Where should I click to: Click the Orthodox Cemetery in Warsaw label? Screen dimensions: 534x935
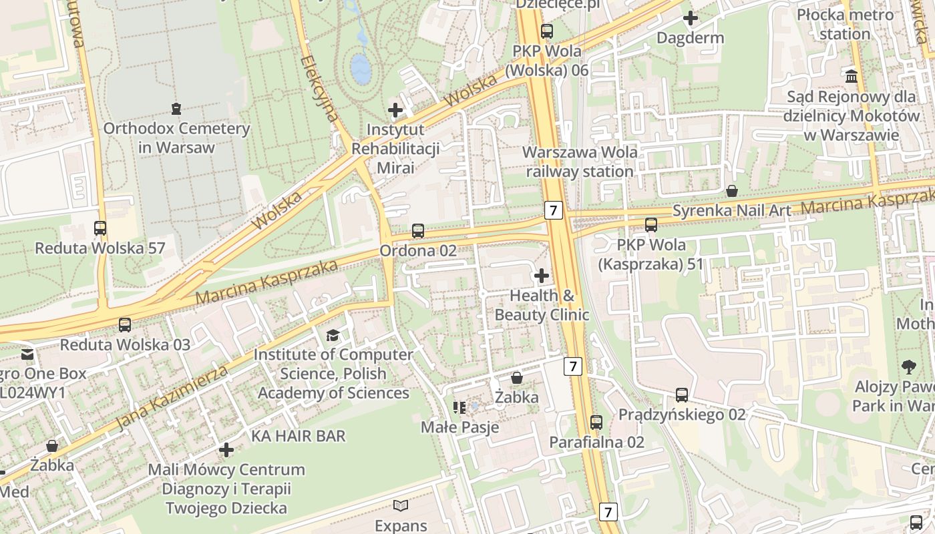[176, 138]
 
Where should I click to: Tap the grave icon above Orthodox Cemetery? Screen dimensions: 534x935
[176, 108]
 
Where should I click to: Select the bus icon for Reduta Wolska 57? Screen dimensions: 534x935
[100, 228]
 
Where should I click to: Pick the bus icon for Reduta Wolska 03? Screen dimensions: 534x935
[125, 325]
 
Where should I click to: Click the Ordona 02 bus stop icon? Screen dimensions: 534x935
[418, 231]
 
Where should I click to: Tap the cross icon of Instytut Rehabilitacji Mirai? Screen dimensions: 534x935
[395, 109]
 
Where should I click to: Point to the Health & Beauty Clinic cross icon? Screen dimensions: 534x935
[542, 275]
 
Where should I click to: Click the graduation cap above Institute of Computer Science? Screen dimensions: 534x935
[333, 335]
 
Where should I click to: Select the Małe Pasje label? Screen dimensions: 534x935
[460, 427]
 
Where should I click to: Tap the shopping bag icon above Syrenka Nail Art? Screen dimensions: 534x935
[732, 192]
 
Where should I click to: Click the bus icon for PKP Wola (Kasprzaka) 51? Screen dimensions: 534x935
[651, 225]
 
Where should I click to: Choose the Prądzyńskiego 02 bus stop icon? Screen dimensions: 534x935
[681, 395]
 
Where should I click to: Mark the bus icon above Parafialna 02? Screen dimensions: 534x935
[596, 423]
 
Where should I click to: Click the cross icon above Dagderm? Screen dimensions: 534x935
[691, 18]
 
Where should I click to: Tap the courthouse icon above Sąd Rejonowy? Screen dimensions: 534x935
[852, 77]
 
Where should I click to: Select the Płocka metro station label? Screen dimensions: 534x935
[845, 24]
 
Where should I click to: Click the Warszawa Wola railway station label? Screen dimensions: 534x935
[579, 162]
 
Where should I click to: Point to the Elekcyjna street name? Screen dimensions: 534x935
[320, 89]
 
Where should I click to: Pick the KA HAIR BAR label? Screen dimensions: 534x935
[299, 436]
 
